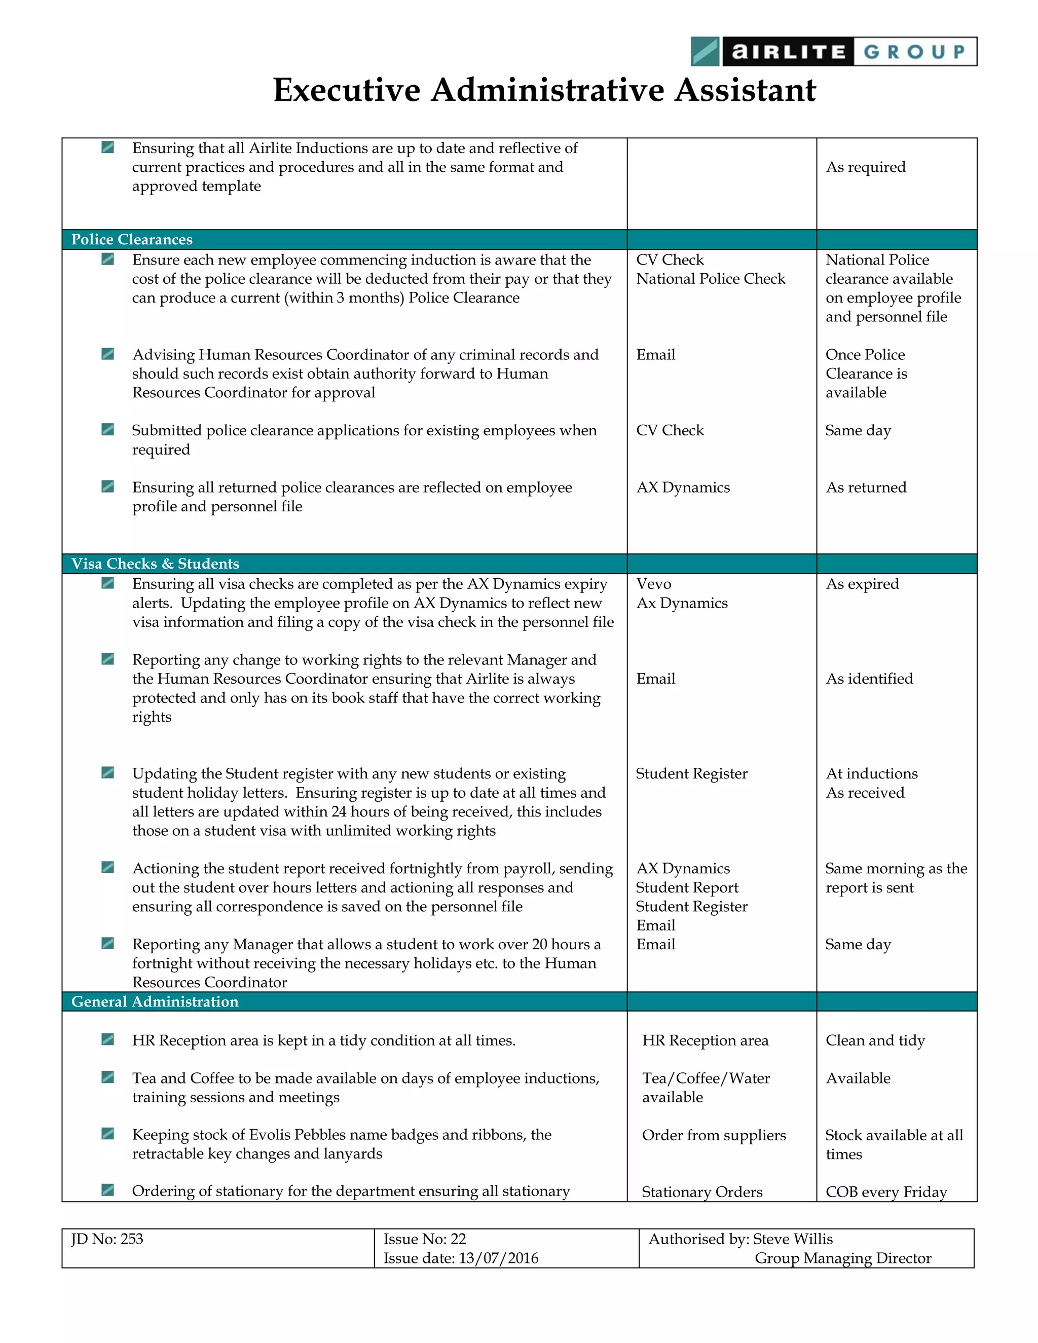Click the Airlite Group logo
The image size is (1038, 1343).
833,52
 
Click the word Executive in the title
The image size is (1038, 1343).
346,90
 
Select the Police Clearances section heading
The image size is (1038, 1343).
132,239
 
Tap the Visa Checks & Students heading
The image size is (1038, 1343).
155,563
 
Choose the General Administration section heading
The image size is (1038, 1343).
155,1001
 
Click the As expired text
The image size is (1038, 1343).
862,583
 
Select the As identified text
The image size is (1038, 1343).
869,678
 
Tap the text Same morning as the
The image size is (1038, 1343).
896,868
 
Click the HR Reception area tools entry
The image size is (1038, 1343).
705,1040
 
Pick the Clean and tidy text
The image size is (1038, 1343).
874,1040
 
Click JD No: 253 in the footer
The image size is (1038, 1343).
107,1239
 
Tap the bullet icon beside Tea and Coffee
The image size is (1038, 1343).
107,1077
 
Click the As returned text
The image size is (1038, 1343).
865,487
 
